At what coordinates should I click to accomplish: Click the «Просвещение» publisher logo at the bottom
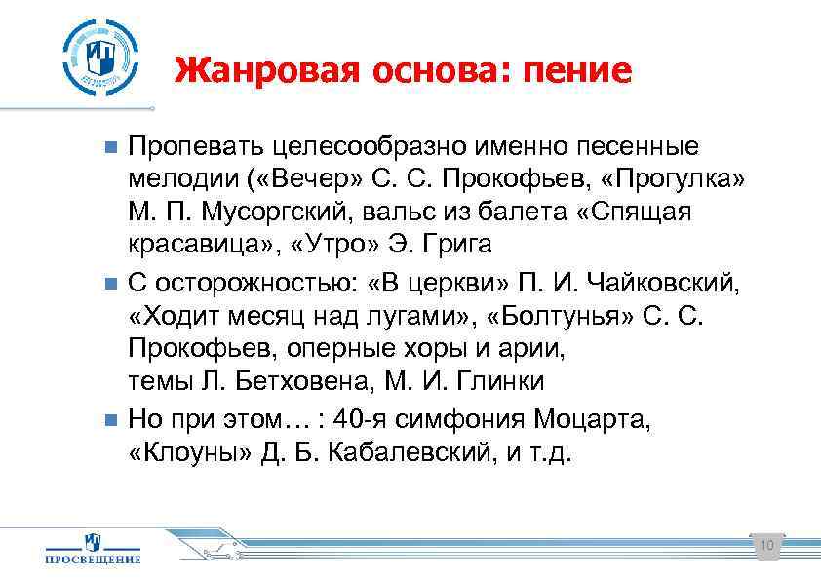pos(94,548)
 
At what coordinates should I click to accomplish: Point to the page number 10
pos(765,545)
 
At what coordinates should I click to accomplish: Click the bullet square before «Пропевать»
pos(110,147)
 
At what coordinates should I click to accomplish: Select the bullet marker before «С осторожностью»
pos(110,284)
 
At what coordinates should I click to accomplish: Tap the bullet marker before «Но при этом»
pos(110,420)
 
